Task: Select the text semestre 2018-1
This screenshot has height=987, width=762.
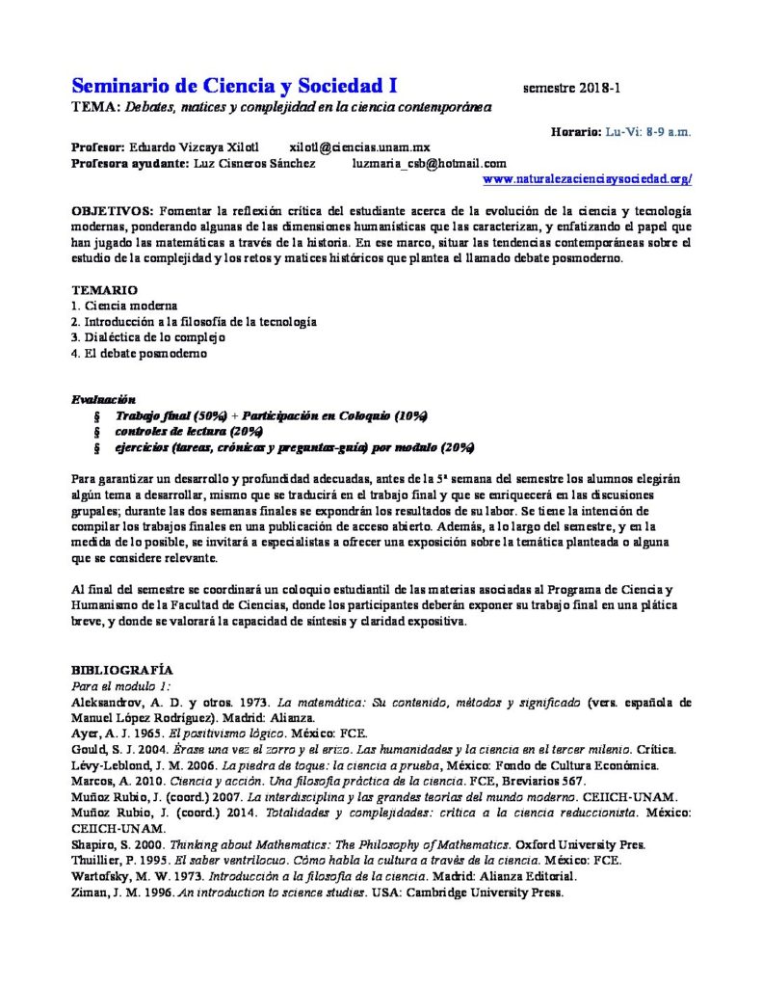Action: click(x=571, y=89)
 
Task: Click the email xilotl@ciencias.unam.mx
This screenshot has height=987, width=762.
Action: click(x=359, y=148)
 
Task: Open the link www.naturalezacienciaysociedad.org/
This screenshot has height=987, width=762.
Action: click(x=587, y=179)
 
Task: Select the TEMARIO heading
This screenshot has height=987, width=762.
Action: click(x=105, y=290)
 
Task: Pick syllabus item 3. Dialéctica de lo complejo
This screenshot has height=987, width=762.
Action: click(x=147, y=337)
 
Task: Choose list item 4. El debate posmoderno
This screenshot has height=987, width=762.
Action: click(x=139, y=353)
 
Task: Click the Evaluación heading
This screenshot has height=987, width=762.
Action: click(x=104, y=399)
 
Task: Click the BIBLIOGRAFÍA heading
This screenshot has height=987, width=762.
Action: click(x=122, y=668)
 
